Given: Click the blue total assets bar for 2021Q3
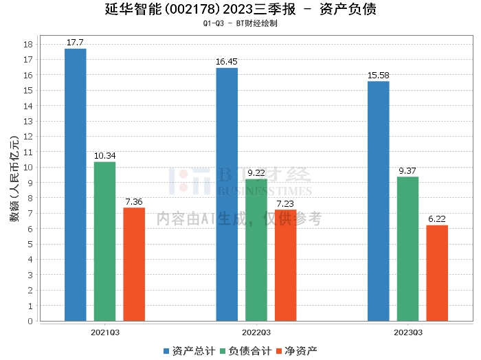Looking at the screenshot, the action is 76,185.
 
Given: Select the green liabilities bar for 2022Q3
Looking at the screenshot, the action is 256,250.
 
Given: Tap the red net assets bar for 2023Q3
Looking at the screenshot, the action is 437,273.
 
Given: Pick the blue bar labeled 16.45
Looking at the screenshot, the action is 227,194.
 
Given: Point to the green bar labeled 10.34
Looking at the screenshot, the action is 105,242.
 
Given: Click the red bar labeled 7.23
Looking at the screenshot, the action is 286,265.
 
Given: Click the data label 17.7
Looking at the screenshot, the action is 75,43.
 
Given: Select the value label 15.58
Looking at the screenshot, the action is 378,75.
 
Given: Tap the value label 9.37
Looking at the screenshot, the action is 407,171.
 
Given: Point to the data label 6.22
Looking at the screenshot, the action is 437,219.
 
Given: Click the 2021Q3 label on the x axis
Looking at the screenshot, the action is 105,333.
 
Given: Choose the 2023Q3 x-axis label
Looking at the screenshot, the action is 408,333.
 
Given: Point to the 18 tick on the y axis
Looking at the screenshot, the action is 28,44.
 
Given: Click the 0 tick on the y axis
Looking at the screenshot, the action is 30,321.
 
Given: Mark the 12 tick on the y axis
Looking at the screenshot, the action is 28,137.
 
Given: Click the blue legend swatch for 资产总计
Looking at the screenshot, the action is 166,351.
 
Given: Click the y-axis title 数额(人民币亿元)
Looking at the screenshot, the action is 14,178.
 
